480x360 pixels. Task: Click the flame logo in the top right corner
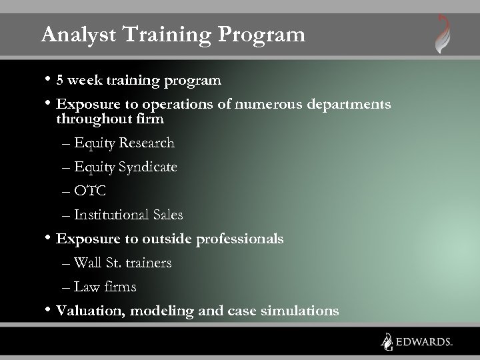coord(442,34)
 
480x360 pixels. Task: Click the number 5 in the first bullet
coord(60,81)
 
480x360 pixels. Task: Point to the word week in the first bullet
coord(83,81)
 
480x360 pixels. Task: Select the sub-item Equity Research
coord(124,143)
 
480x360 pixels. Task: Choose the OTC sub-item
coord(90,191)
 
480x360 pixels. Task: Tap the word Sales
coord(167,215)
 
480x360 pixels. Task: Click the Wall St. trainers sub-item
coord(123,263)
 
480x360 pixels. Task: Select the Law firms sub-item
coord(105,287)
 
